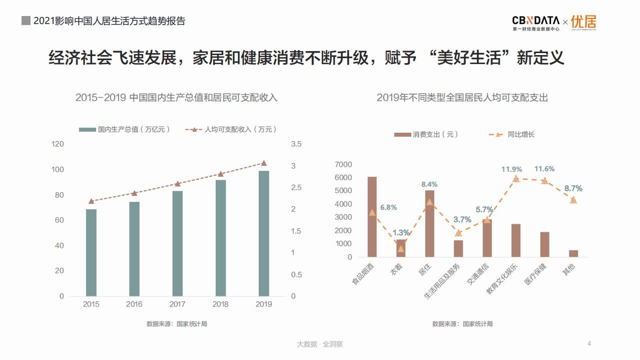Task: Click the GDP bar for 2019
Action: (x=264, y=233)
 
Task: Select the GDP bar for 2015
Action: (x=91, y=252)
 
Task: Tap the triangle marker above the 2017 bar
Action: (x=178, y=184)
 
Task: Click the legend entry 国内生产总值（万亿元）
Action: (x=125, y=130)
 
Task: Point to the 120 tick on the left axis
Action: (x=58, y=144)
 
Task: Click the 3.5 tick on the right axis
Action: (x=296, y=144)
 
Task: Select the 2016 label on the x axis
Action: (x=134, y=304)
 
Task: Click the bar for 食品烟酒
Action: (x=372, y=217)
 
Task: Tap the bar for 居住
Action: (x=430, y=223)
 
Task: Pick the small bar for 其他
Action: (x=573, y=253)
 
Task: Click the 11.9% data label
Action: (x=511, y=169)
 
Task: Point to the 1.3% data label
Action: (x=401, y=232)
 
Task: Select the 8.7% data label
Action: (x=573, y=188)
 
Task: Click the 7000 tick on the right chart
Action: (x=343, y=164)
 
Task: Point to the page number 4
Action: (x=589, y=343)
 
